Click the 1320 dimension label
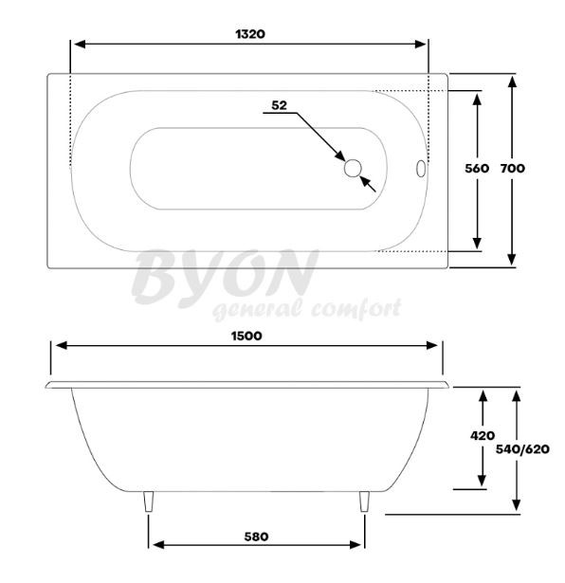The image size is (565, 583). click(250, 34)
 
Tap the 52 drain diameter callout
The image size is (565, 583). click(279, 105)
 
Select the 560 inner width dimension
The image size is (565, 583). click(477, 169)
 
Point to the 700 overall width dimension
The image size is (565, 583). click(513, 169)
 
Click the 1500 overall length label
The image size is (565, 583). click(246, 337)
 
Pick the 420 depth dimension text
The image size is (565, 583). click(483, 435)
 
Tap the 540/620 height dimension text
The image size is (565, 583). click(522, 449)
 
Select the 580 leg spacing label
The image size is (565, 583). click(256, 537)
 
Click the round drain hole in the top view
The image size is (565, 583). click(353, 169)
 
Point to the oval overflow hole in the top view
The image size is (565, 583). click(421, 169)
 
